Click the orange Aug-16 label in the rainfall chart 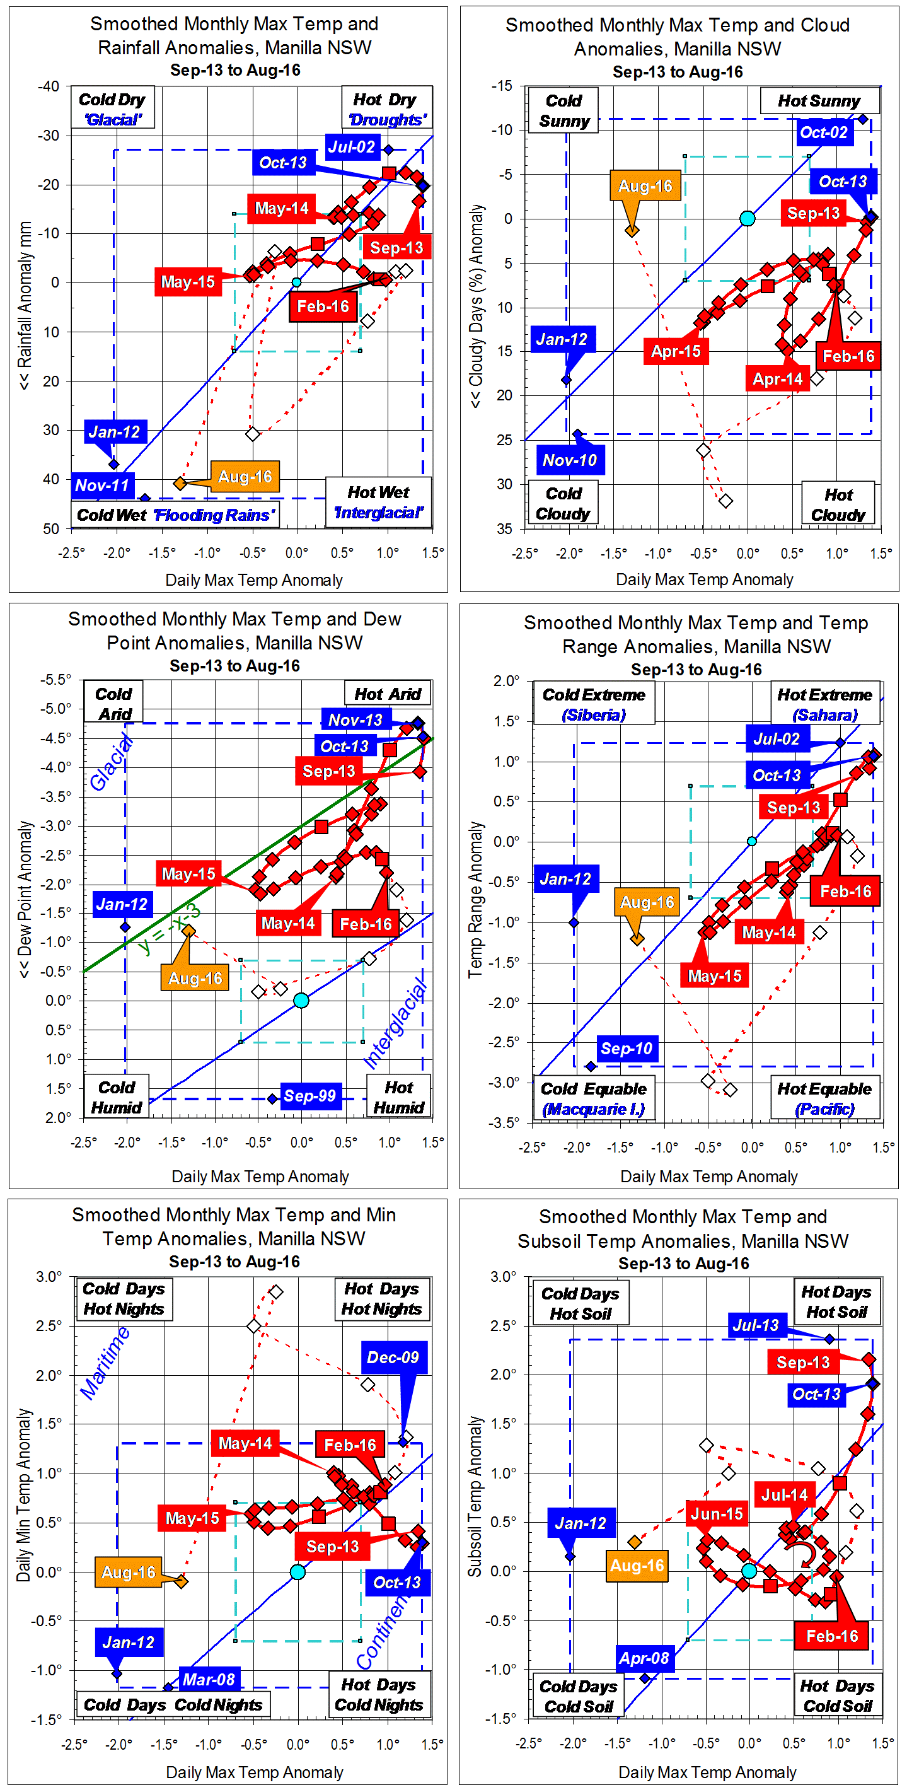pyautogui.click(x=245, y=477)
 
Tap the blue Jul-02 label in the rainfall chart pyautogui.click(x=351, y=147)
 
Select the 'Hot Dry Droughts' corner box pyautogui.click(x=386, y=109)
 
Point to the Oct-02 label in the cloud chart pyautogui.click(x=823, y=132)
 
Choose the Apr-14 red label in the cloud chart pyautogui.click(x=777, y=379)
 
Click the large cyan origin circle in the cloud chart pyautogui.click(x=747, y=219)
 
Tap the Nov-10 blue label pyautogui.click(x=570, y=460)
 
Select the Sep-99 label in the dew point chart pyautogui.click(x=309, y=1096)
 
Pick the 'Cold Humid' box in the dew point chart pyautogui.click(x=117, y=1097)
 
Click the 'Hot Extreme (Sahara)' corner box pyautogui.click(x=824, y=704)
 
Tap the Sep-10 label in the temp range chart pyautogui.click(x=627, y=1049)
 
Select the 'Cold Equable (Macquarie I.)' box pyautogui.click(x=594, y=1098)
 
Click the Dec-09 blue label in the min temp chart pyautogui.click(x=393, y=1358)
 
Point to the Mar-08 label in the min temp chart pyautogui.click(x=209, y=1679)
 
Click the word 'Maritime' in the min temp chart pyautogui.click(x=105, y=1363)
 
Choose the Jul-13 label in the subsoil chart pyautogui.click(x=756, y=1325)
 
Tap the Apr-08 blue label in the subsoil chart pyautogui.click(x=644, y=1658)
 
